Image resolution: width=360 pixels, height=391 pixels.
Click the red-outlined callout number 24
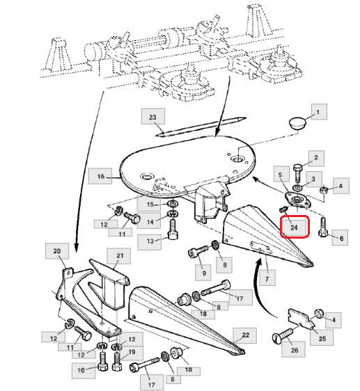pyautogui.click(x=295, y=228)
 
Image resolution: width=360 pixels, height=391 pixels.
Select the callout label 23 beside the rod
pyautogui.click(x=152, y=116)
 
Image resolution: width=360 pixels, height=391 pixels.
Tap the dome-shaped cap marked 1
pyautogui.click(x=297, y=123)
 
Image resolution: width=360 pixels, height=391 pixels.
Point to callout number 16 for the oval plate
pyautogui.click(x=100, y=176)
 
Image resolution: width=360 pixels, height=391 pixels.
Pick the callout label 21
pyautogui.click(x=119, y=256)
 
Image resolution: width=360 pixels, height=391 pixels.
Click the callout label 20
pyautogui.click(x=57, y=251)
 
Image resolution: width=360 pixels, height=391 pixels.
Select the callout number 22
pyautogui.click(x=245, y=335)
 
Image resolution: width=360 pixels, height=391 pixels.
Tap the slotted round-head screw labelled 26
pyautogui.click(x=283, y=335)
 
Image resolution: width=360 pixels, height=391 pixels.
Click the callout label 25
pyautogui.click(x=322, y=338)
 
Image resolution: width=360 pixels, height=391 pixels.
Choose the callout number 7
pyautogui.click(x=267, y=278)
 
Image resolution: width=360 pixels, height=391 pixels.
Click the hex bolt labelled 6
pyautogui.click(x=323, y=228)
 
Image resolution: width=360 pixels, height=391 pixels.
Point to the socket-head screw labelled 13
pyautogui.click(x=173, y=229)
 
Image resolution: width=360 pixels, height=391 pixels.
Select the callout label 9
pyautogui.click(x=204, y=273)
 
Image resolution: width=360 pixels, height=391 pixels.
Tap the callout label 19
pyautogui.click(x=132, y=352)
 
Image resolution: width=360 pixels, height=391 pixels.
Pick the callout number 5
pyautogui.click(x=281, y=175)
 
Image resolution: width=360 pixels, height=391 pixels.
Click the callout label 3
pyautogui.click(x=313, y=179)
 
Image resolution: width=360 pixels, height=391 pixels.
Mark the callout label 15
pyautogui.click(x=150, y=205)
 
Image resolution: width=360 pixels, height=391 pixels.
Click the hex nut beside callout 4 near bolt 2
pyautogui.click(x=323, y=190)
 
